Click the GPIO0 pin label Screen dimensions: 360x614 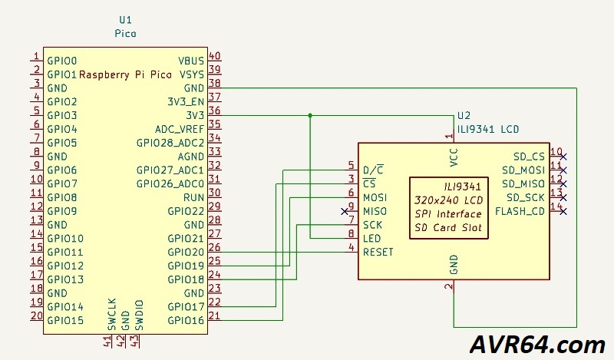[62, 59]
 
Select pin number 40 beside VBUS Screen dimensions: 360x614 [215, 56]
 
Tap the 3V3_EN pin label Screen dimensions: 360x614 [186, 101]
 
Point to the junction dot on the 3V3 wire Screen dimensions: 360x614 [310, 115]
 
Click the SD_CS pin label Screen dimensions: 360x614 [529, 156]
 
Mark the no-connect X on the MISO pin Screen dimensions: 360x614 [344, 210]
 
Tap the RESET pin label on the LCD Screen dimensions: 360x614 [378, 252]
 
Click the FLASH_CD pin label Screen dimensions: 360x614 [520, 211]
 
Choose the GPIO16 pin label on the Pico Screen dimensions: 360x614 [186, 320]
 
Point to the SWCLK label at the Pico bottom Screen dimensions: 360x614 [112, 315]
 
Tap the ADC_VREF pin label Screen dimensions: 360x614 [180, 128]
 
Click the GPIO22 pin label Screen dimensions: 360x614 [186, 210]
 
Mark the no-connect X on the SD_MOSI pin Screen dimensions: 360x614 [564, 170]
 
